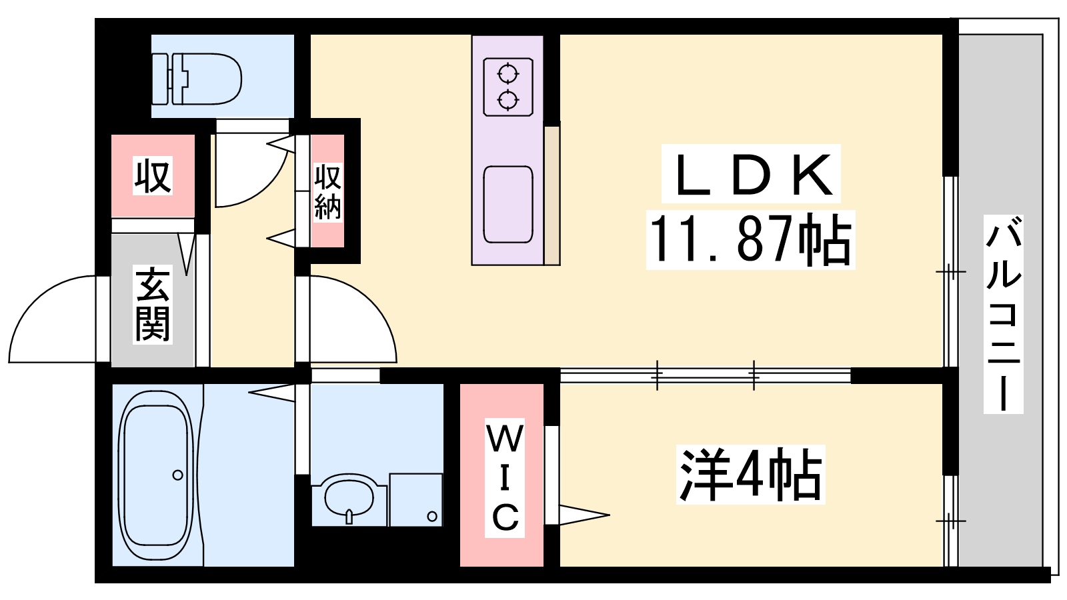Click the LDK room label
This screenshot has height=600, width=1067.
point(751,174)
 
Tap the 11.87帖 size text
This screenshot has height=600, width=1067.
point(750,239)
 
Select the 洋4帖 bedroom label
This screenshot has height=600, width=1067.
point(750,474)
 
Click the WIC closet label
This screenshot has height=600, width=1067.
point(504,477)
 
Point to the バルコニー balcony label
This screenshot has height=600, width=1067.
point(1003,314)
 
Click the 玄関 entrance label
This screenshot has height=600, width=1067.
point(153,305)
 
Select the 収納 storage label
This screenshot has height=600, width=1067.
point(327,192)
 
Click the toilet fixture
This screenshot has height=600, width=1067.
point(196,79)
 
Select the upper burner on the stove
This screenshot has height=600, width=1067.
point(507,74)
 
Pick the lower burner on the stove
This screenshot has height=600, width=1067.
point(507,101)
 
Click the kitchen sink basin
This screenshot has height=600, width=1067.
point(507,205)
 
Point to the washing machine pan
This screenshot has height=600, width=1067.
point(416,499)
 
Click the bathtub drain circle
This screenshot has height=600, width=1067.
point(177,475)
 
